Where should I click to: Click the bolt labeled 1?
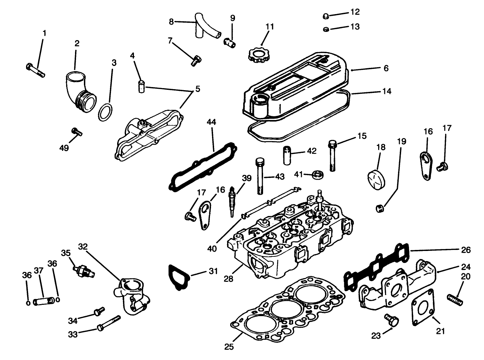tap(35, 70)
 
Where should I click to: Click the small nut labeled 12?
tap(326, 16)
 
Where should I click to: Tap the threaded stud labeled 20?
tap(455, 298)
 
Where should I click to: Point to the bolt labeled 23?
tap(393, 320)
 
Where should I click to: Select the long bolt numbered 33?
tap(109, 323)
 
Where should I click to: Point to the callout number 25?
tap(229, 347)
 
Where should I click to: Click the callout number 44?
tap(212, 122)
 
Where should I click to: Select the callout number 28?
tap(228, 278)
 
